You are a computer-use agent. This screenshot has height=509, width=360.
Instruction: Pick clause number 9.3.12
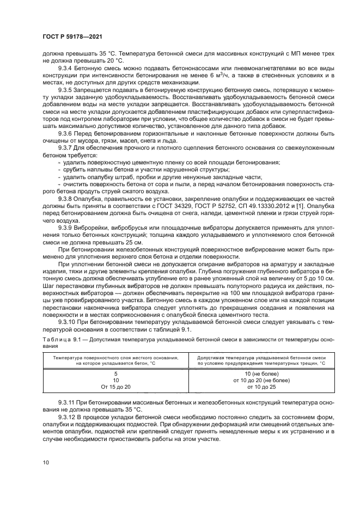[69, 415]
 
